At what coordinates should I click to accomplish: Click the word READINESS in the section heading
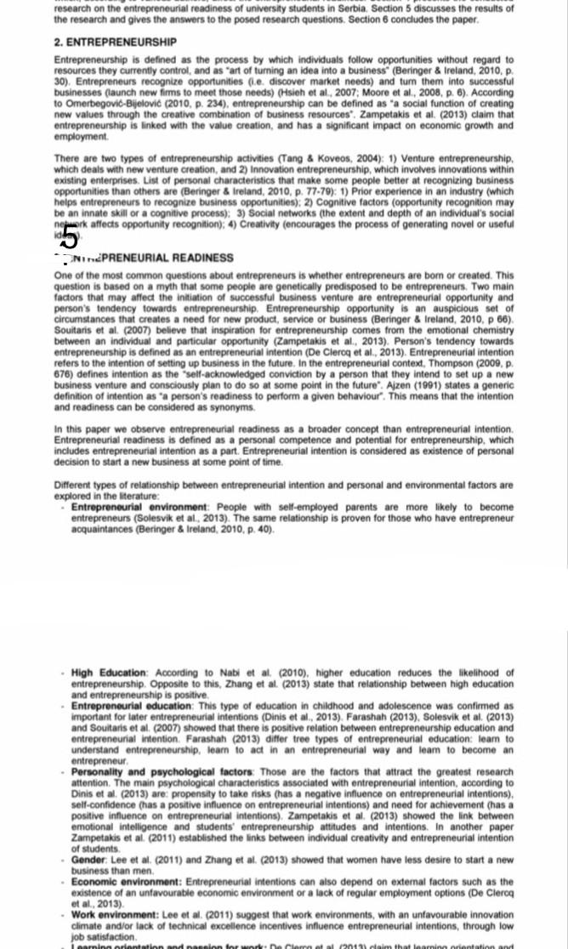(203, 258)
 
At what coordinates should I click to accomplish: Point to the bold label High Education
(110, 673)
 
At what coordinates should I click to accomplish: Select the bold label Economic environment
(127, 882)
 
